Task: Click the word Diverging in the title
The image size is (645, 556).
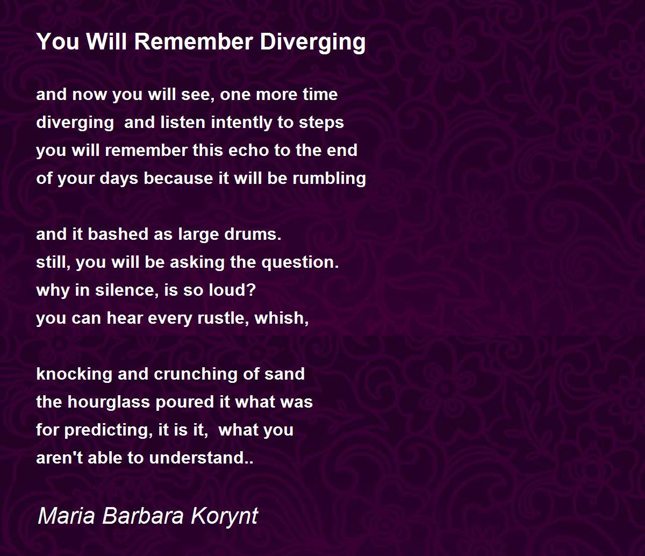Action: coord(312,42)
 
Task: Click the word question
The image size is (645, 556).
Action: coord(300,263)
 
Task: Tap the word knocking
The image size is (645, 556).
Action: coord(74,374)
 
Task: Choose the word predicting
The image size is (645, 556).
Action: coord(108,430)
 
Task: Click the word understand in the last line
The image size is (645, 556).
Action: coord(201,458)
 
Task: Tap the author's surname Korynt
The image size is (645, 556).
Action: coord(224,516)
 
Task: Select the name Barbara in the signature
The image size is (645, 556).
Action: coord(142,516)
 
